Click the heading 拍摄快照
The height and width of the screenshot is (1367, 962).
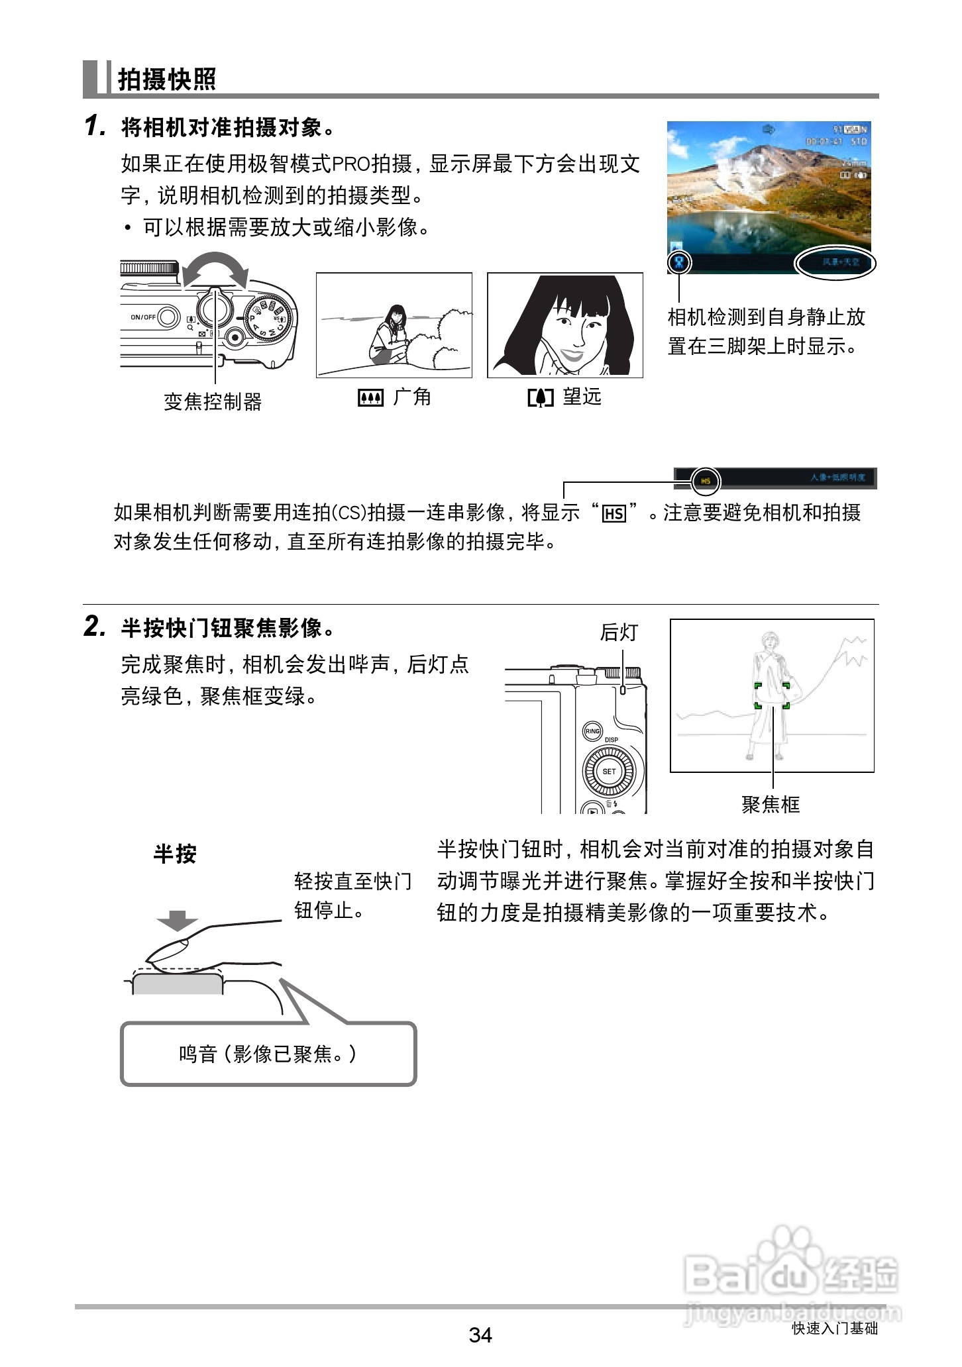166,79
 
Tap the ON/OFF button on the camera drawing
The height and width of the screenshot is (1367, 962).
168,317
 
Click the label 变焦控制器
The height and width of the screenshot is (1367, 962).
213,401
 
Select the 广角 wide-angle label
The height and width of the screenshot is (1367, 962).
395,397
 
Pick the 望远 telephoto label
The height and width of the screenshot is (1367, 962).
564,397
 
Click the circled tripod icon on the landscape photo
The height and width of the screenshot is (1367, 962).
679,262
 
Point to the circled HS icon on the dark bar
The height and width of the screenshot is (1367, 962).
706,481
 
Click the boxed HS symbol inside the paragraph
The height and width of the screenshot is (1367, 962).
614,514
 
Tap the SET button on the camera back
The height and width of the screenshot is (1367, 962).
609,772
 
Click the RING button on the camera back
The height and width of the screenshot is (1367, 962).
592,731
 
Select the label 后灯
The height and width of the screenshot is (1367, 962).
618,633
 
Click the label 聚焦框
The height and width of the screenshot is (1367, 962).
771,805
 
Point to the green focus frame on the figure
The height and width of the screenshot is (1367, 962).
772,695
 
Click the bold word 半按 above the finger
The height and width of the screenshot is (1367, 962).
175,854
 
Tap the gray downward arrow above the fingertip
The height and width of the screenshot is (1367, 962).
178,921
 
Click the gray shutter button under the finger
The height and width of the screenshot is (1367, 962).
178,984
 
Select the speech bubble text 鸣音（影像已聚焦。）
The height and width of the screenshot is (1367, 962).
268,1054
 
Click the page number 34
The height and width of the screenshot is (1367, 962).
480,1335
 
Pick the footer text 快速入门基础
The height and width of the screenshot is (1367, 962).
834,1328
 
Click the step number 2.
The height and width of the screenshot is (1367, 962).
94,626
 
